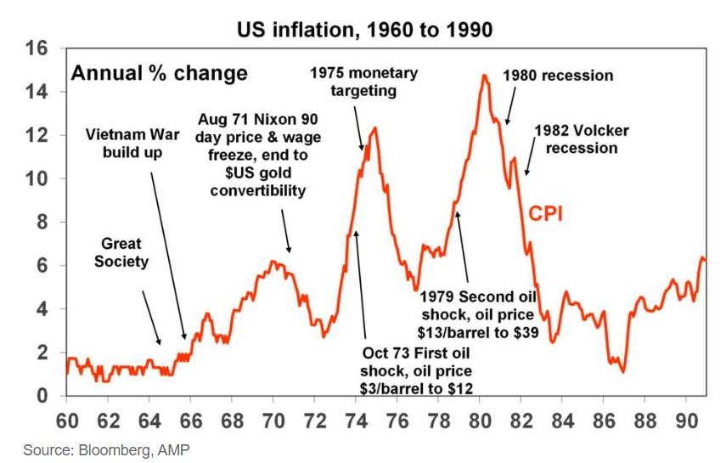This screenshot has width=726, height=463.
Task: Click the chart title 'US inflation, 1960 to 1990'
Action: [x=363, y=30]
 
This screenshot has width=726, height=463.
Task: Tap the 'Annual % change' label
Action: [x=159, y=73]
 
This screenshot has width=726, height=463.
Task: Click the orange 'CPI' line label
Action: [x=547, y=214]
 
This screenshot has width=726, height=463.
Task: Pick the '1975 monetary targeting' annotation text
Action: [x=363, y=82]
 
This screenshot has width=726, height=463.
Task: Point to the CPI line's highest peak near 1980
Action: [x=484, y=76]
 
